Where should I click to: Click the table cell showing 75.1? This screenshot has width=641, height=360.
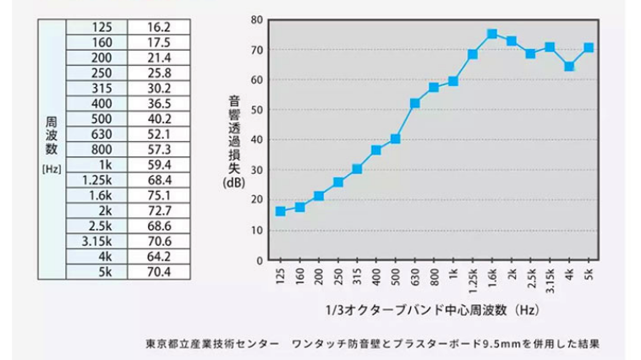[158, 194]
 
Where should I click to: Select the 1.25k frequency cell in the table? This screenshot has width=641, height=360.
[97, 179]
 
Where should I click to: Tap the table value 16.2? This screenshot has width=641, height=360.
[158, 27]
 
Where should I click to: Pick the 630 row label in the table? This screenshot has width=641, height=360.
[97, 134]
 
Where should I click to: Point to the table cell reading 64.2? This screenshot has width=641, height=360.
[158, 255]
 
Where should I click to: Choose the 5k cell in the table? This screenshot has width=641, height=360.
[97, 270]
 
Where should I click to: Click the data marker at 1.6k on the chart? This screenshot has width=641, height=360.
[491, 34]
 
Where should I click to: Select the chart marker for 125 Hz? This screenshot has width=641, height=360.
[280, 211]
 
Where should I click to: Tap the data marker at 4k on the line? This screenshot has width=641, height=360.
[569, 66]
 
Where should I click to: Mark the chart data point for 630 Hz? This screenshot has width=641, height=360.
[414, 103]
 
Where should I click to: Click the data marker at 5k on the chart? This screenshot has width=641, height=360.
[589, 47]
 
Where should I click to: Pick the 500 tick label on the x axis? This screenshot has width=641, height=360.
[395, 276]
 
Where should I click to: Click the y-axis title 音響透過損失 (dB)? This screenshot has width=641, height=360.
[234, 141]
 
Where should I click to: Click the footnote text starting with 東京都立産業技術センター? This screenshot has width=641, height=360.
[373, 344]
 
